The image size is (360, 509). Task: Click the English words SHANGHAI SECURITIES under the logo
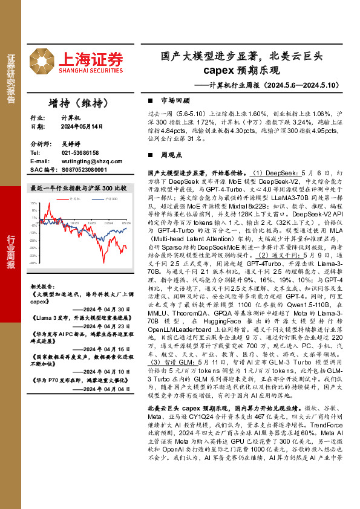tap(91, 70)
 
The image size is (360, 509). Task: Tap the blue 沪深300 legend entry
tap(109, 198)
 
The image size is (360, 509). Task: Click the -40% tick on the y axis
tap(33, 263)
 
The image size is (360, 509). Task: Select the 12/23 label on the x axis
tap(91, 222)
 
